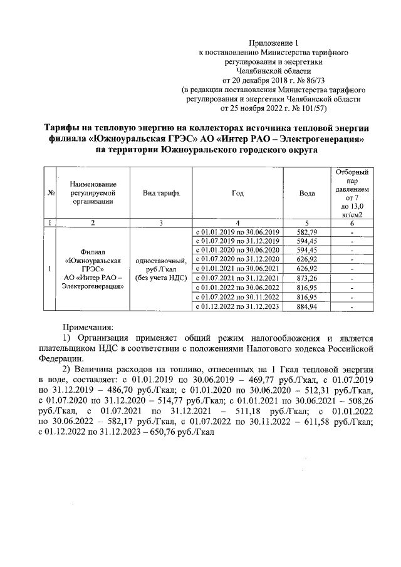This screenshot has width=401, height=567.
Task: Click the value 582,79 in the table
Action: (306, 232)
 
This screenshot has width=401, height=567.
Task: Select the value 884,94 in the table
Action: (306, 306)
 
